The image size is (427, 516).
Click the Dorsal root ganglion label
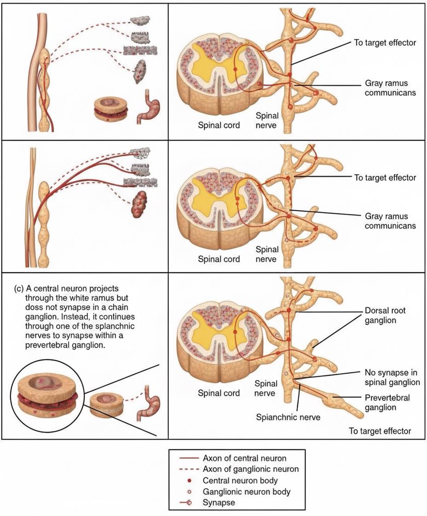(x=385, y=315)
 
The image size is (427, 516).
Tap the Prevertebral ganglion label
(x=387, y=402)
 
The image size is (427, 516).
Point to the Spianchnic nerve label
(x=288, y=417)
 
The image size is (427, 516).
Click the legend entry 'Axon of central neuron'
(x=244, y=458)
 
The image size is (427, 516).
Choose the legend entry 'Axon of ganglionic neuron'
(x=250, y=469)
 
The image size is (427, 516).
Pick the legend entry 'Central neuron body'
(x=240, y=481)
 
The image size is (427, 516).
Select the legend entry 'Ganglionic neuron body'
(x=247, y=492)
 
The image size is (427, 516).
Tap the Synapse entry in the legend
(x=219, y=503)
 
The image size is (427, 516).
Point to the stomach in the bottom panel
(x=148, y=403)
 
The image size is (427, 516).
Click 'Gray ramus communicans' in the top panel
(x=390, y=88)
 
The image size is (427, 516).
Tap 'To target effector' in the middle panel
(x=385, y=178)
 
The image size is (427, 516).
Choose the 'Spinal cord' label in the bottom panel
(x=219, y=393)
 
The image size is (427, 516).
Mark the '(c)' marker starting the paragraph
(x=19, y=288)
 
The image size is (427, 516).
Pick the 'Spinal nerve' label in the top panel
(x=266, y=120)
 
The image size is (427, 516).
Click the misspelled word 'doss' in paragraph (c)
(x=33, y=307)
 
